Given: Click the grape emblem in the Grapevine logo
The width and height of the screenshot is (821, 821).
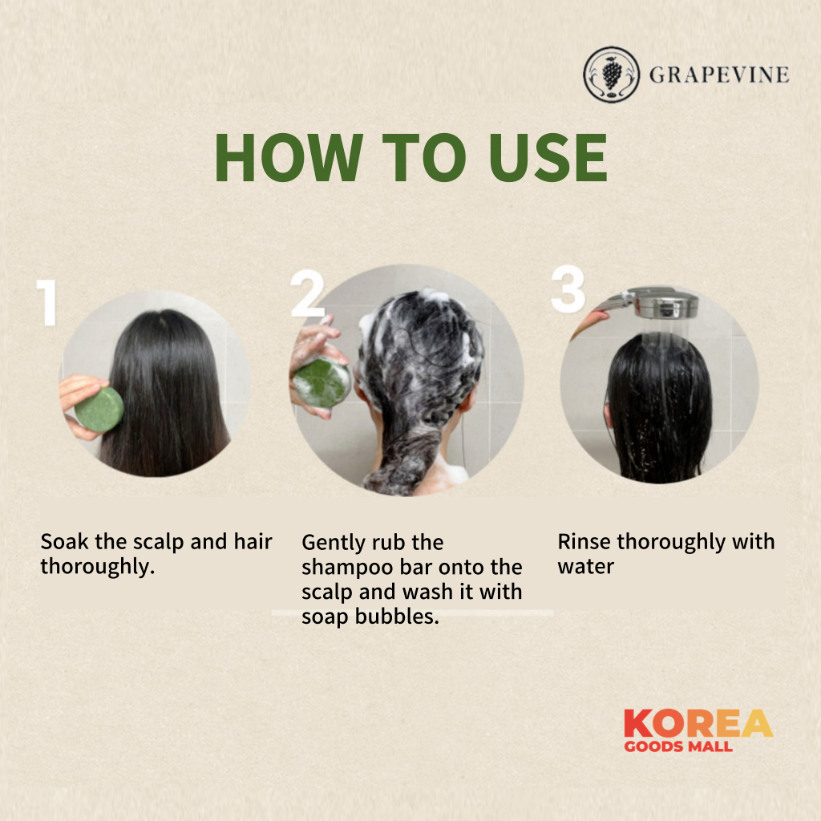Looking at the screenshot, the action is point(612,75).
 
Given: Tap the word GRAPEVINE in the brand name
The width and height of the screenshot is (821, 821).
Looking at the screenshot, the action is point(719,75).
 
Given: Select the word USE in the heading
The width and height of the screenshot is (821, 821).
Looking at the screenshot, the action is point(548,157).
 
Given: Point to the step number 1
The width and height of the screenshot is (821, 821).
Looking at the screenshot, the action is point(47,302).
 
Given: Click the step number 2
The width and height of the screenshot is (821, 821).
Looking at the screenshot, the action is point(307,293).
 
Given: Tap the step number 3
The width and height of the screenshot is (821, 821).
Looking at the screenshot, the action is point(568,289).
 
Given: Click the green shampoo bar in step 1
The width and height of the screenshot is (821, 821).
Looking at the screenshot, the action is point(99,409).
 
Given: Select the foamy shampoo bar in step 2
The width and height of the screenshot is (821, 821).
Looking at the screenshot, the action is point(322,382).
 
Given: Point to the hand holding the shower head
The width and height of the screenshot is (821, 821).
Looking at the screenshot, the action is point(590,323).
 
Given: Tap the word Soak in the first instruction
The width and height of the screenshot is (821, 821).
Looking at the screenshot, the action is point(64,541).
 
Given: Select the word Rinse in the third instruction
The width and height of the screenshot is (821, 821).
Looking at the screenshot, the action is point(584,541).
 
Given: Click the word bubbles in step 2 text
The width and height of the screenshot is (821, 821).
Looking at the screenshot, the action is point(397,617).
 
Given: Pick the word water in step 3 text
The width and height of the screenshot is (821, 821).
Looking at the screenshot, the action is point(586,567).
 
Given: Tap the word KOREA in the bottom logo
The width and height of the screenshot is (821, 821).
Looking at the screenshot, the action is point(698,724).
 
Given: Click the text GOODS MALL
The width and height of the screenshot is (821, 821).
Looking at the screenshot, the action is point(678,746).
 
